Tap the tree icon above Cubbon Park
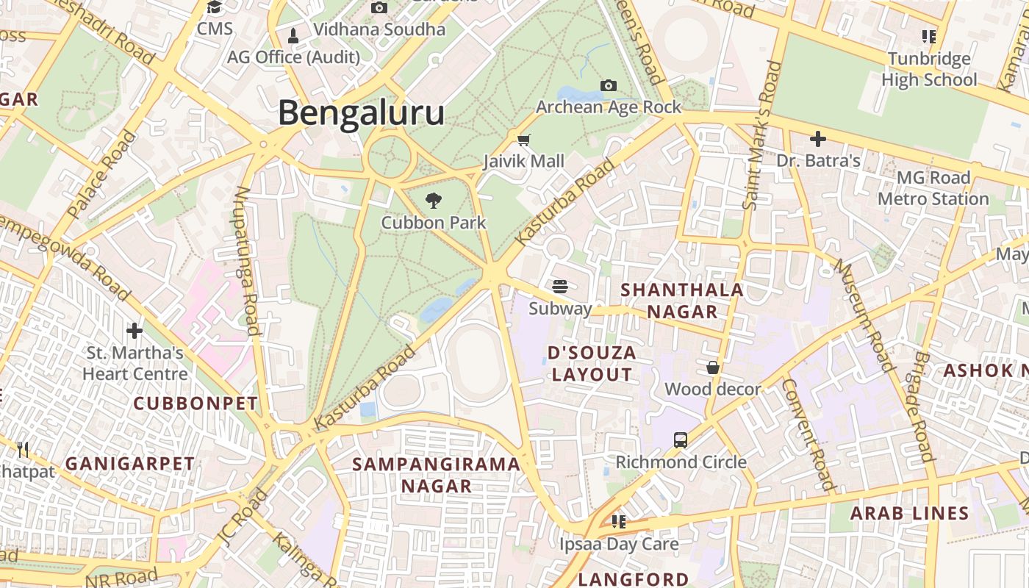click(434, 200)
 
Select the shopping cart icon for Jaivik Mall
click(524, 140)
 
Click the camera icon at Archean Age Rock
click(608, 85)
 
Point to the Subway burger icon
click(560, 286)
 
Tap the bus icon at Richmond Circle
click(681, 440)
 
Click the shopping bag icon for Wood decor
click(712, 367)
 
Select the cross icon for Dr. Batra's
click(817, 138)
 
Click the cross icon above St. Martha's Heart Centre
click(135, 330)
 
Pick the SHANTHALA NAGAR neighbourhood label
click(682, 301)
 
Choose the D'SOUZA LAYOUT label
click(592, 364)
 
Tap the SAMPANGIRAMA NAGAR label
click(437, 475)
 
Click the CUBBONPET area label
click(196, 404)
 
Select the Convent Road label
click(808, 434)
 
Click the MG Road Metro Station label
click(933, 188)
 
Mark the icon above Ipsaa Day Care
click(619, 522)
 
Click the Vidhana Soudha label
click(379, 29)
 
